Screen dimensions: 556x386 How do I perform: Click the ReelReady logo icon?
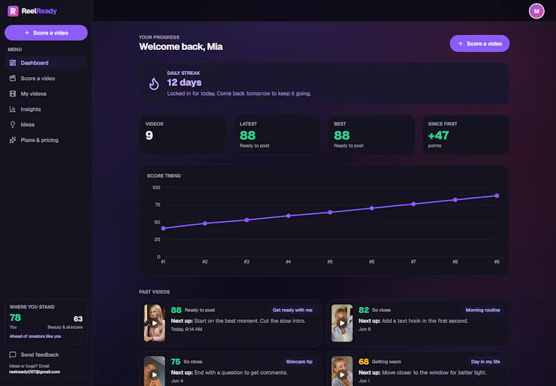tap(13, 11)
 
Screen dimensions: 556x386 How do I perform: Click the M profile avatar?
tap(537, 11)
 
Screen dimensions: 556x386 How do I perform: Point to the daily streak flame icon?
tap(154, 84)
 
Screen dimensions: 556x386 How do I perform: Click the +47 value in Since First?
tap(439, 135)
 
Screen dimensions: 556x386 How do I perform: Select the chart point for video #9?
tap(497, 196)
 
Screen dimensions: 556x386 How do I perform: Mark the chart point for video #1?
tap(163, 228)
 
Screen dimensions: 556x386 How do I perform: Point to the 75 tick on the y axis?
tap(157, 205)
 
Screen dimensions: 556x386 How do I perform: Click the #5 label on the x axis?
tap(329, 262)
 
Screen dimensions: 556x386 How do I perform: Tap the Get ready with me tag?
tap(293, 310)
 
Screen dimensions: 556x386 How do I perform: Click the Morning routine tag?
tap(482, 310)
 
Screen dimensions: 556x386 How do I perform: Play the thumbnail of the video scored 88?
tap(154, 323)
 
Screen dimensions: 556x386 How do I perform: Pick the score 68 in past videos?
tap(363, 362)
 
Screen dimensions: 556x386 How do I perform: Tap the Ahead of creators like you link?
tap(35, 337)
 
